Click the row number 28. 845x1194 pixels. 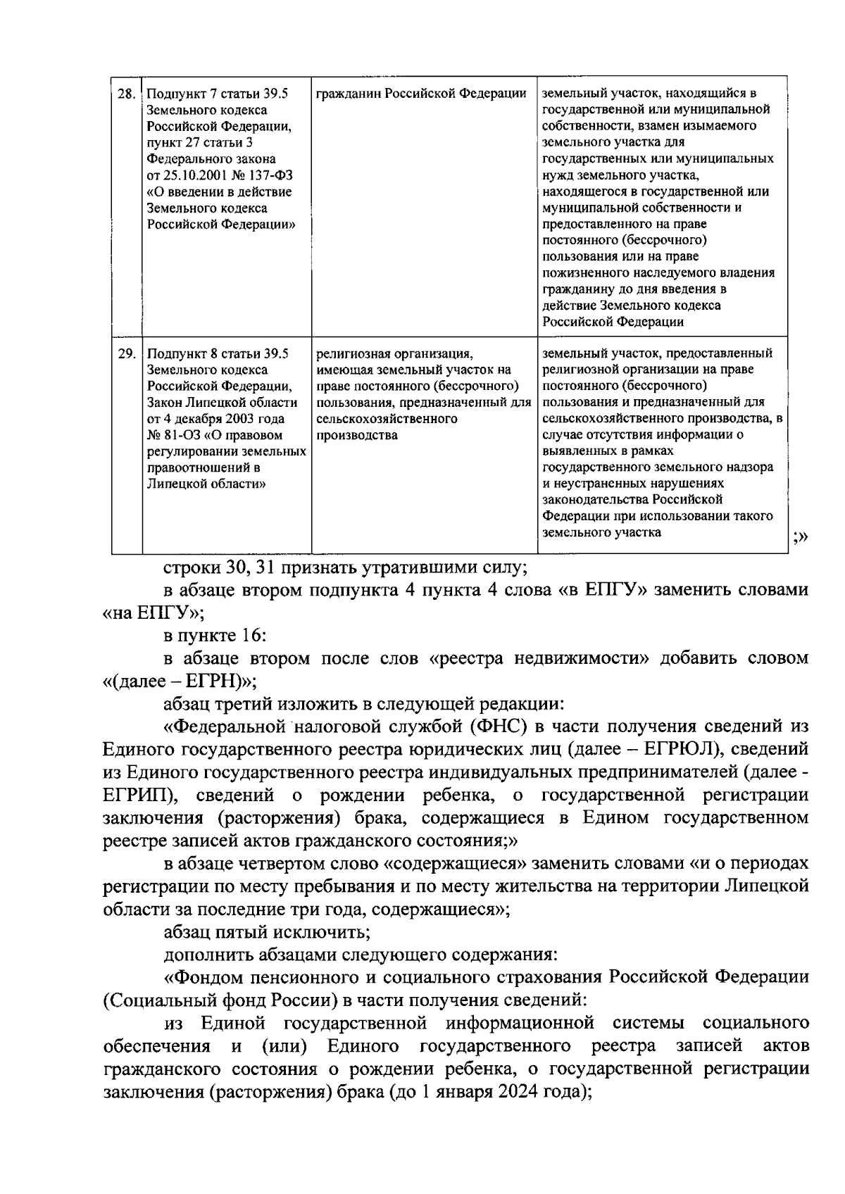(x=126, y=94)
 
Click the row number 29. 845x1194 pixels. (x=126, y=353)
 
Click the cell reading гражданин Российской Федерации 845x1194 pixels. (x=421, y=94)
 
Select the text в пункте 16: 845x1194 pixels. (x=214, y=636)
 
